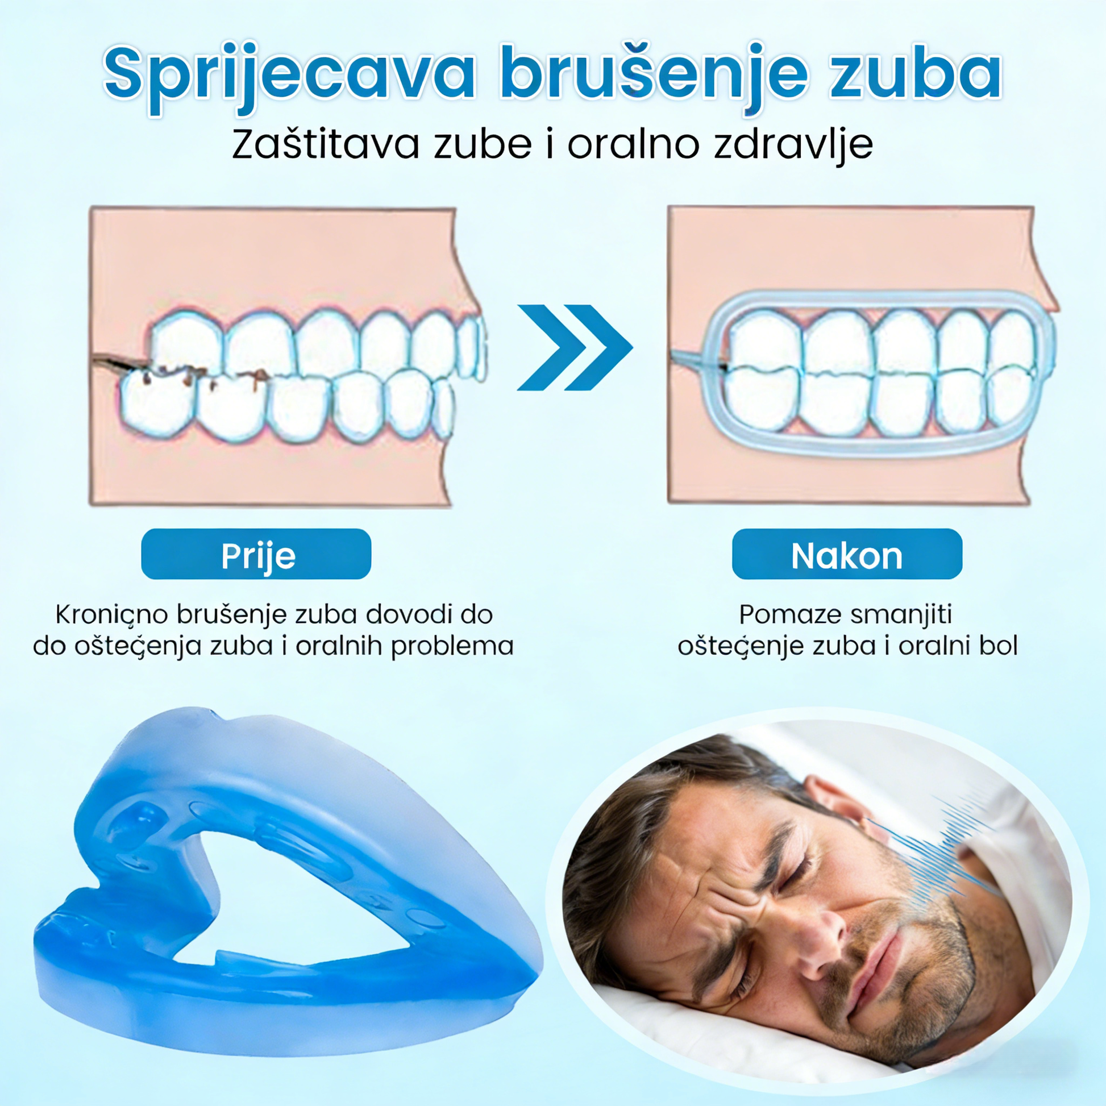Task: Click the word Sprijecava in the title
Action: pyautogui.click(x=290, y=75)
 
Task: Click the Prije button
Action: pyautogui.click(x=256, y=554)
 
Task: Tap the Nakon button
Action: pyautogui.click(x=847, y=554)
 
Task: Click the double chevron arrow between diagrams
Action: pyautogui.click(x=575, y=347)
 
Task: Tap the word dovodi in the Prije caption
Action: pyautogui.click(x=413, y=615)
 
